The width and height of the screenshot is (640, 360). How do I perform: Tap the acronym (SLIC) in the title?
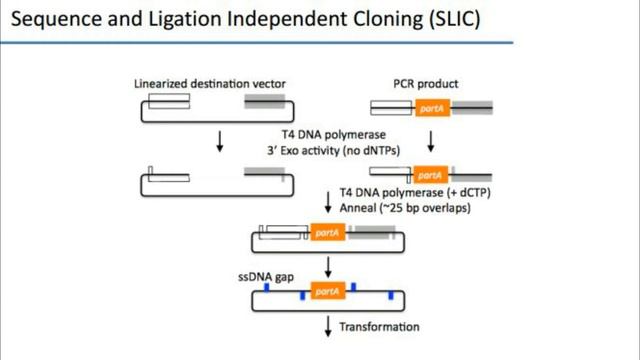pyautogui.click(x=447, y=19)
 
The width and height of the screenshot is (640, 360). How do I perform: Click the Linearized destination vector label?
pyautogui.click(x=198, y=83)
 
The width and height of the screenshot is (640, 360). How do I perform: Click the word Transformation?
pyautogui.click(x=379, y=327)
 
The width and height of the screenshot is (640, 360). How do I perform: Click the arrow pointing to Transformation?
pyautogui.click(x=327, y=326)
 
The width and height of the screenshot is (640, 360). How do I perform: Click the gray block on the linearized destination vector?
pyautogui.click(x=266, y=101)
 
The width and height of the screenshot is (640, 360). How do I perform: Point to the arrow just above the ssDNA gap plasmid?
pyautogui.click(x=327, y=265)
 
